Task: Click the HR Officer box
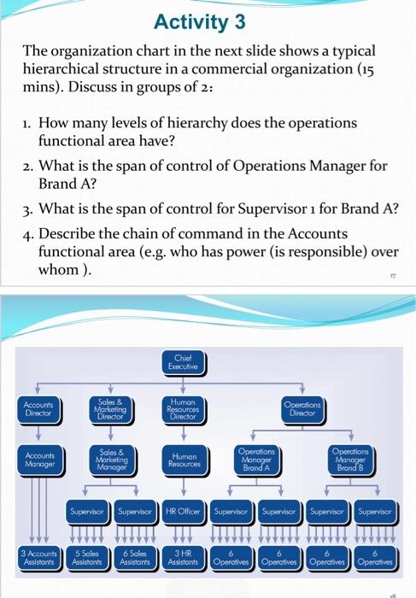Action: (185, 515)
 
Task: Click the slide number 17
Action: (395, 277)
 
